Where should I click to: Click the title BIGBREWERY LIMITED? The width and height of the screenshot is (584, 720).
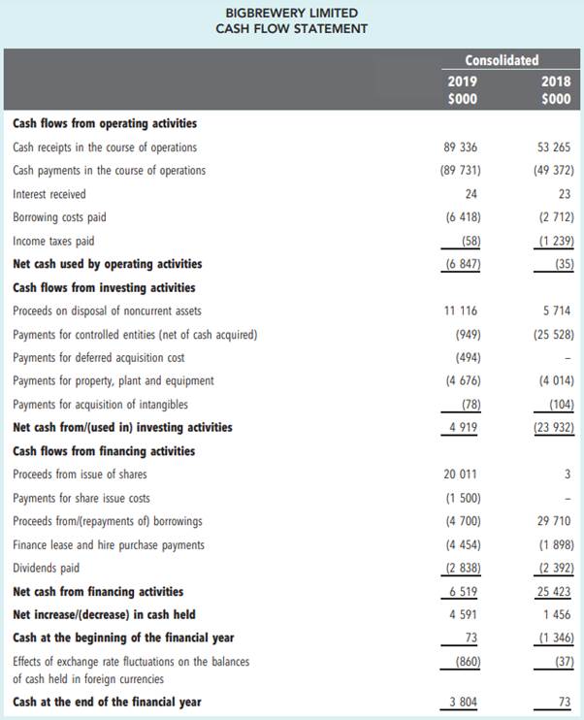(291, 13)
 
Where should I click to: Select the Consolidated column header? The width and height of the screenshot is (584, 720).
(502, 60)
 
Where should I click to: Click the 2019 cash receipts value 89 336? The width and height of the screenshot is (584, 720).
(460, 147)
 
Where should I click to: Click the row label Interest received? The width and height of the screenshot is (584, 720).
(49, 194)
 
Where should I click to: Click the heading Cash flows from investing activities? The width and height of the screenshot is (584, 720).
(104, 287)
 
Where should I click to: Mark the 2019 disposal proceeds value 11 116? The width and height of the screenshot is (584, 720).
(460, 311)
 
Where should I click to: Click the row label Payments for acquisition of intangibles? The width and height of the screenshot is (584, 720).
(101, 405)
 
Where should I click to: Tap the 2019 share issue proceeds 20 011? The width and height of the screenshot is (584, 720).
(460, 475)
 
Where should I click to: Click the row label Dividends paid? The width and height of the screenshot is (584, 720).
(47, 568)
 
